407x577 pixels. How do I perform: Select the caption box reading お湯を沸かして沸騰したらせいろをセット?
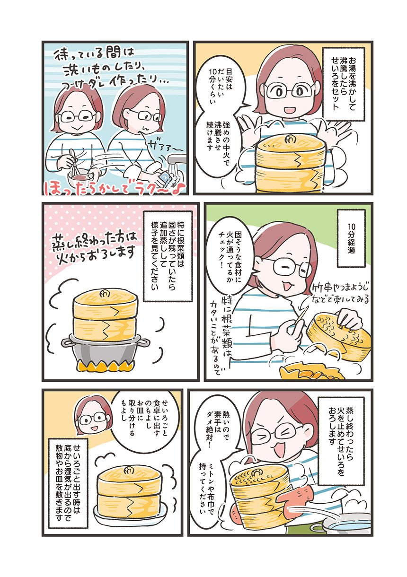click(344, 83)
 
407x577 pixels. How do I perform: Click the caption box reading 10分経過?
click(351, 238)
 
